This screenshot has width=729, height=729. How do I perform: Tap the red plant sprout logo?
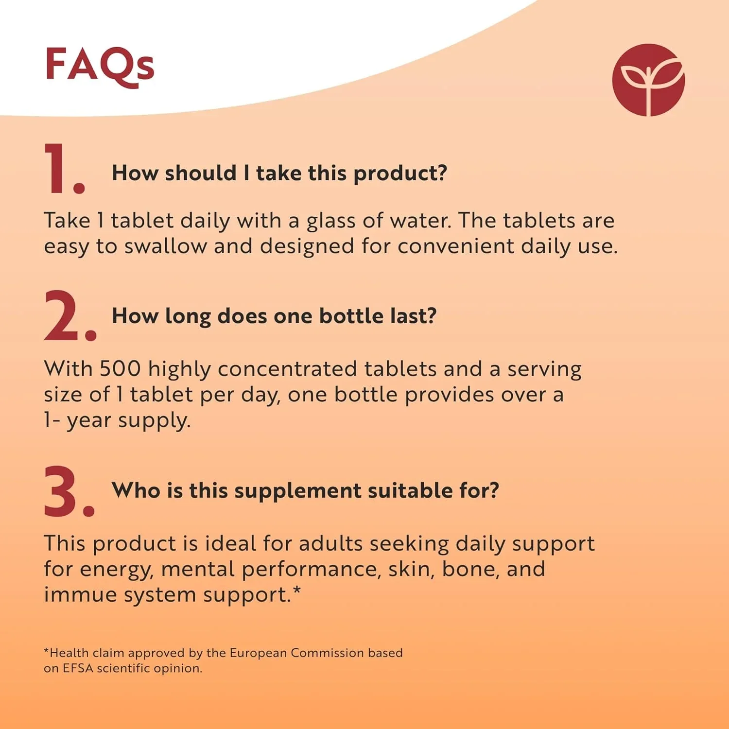tap(648, 80)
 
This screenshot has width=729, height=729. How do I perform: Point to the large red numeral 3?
tap(69, 491)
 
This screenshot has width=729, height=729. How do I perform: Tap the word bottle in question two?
tap(351, 316)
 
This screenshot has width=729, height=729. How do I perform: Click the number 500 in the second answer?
tap(120, 369)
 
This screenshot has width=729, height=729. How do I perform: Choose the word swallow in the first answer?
tap(166, 246)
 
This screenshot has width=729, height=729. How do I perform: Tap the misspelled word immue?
tap(81, 594)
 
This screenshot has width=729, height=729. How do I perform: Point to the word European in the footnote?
tap(258, 654)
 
